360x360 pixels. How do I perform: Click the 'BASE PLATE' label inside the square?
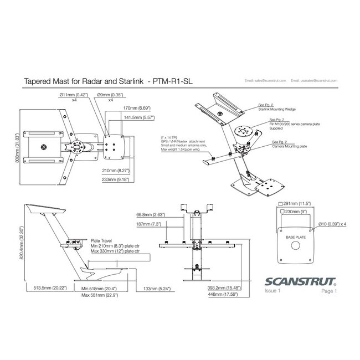(x=295, y=236)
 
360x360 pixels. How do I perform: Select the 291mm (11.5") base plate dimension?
(x=295, y=203)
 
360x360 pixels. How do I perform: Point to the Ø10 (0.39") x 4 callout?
(x=333, y=224)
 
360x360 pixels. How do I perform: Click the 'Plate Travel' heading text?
(x=101, y=241)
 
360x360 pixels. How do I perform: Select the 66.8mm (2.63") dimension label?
(x=149, y=214)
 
